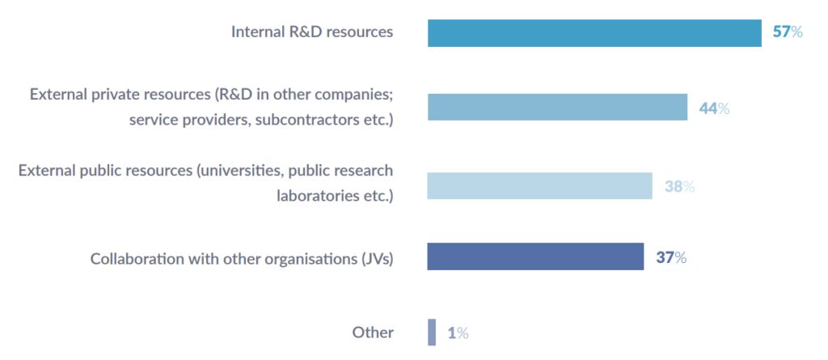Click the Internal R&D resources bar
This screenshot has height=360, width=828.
[594, 33]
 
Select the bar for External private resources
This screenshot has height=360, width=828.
[557, 108]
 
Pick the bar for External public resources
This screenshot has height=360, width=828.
[539, 186]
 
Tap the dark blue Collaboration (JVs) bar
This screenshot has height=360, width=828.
[535, 257]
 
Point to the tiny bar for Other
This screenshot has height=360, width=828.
[432, 332]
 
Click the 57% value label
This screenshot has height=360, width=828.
[787, 33]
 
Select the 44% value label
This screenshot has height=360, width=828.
[714, 108]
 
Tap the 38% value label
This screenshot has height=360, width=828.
[679, 187]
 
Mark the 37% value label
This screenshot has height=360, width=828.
[671, 258]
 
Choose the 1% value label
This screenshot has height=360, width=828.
[458, 333]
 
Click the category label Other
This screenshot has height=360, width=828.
[373, 332]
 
